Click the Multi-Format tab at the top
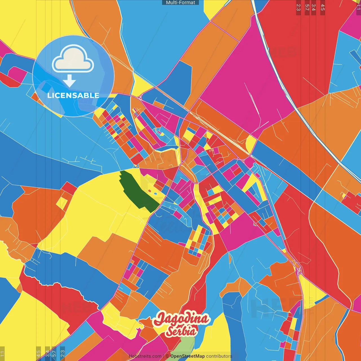(x=180, y=3)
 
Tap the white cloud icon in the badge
(x=73, y=60)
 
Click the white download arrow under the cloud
(x=69, y=82)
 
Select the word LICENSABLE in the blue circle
(x=73, y=95)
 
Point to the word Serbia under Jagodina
(x=181, y=331)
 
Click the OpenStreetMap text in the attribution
(x=187, y=356)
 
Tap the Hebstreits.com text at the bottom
(x=145, y=356)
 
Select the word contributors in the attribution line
(x=219, y=356)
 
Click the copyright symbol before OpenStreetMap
(x=167, y=356)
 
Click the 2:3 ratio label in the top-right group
(x=298, y=7)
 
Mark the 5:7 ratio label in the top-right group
(x=307, y=7)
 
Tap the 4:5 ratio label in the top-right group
(x=323, y=7)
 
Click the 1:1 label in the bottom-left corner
(x=2, y=354)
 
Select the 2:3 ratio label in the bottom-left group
(x=63, y=353)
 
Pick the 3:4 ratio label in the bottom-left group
(x=47, y=353)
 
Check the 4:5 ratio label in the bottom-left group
(x=38, y=353)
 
